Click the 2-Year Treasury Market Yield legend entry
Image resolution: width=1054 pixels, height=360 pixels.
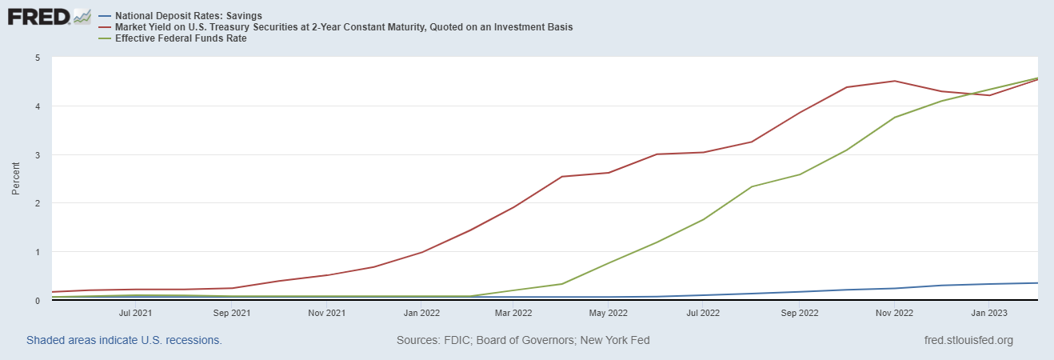(x=344, y=27)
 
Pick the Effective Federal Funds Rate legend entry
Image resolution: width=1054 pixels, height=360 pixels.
(x=181, y=38)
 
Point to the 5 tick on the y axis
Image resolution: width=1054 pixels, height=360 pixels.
(x=38, y=58)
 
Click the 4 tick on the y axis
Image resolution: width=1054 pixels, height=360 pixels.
(x=38, y=106)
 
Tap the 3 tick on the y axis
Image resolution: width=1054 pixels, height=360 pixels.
(x=38, y=155)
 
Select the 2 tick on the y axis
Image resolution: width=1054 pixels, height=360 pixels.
(x=38, y=203)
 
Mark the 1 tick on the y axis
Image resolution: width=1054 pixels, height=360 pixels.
(x=38, y=252)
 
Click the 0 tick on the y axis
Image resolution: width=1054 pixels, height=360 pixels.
(x=38, y=301)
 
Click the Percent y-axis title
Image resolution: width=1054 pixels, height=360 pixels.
(x=16, y=179)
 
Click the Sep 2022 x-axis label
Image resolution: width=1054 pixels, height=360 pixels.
(x=798, y=313)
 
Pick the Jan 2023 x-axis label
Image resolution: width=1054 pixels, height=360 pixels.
(x=988, y=313)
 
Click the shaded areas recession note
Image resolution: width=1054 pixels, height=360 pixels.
(x=124, y=340)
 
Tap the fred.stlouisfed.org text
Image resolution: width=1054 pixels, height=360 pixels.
(x=968, y=340)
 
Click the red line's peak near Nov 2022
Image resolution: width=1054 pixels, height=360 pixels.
(x=894, y=81)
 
